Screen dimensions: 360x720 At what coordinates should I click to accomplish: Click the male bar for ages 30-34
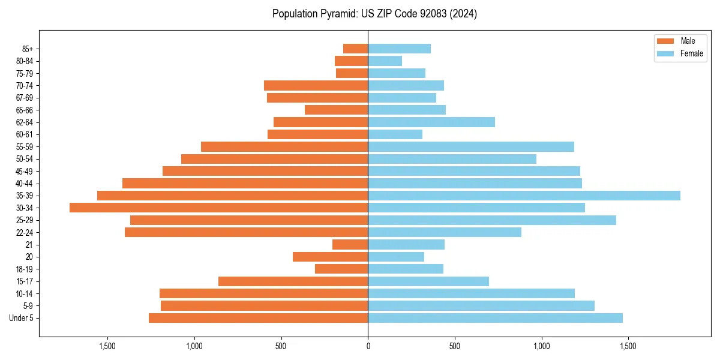[x=219, y=208]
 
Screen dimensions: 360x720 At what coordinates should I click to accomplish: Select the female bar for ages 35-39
[x=524, y=196]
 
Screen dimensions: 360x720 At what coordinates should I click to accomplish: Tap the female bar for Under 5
[x=495, y=318]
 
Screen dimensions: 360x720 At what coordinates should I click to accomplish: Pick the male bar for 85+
[x=355, y=49]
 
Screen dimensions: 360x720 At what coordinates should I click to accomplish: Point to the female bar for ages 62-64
[x=431, y=122]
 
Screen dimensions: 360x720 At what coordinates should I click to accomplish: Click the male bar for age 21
[x=350, y=244]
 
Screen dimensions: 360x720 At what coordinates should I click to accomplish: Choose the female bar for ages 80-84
[x=385, y=61]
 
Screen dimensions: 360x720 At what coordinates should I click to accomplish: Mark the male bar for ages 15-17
[x=293, y=281]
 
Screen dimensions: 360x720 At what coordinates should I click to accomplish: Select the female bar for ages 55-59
[x=471, y=146]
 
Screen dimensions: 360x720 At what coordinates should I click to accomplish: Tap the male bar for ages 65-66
[x=336, y=110]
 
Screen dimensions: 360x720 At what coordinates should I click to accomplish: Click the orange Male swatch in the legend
[x=666, y=41]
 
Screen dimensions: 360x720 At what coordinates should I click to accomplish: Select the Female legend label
[x=691, y=53]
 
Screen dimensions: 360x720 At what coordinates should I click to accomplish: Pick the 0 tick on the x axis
[x=368, y=346]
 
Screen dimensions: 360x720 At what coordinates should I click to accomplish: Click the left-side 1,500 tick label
[x=107, y=346]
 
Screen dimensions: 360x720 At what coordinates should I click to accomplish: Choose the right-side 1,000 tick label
[x=541, y=346]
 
